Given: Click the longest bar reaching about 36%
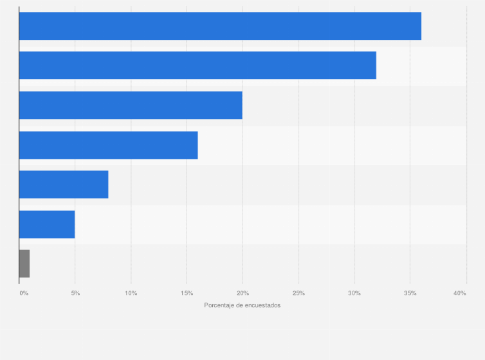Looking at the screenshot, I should (220, 26).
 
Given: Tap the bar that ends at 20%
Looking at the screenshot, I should (131, 105).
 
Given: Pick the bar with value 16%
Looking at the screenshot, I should (108, 145).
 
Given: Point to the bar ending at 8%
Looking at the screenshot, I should (64, 184).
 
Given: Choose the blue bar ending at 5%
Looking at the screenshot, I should (47, 224).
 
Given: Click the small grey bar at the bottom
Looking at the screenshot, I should (24, 264).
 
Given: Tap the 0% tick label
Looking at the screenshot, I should (24, 293).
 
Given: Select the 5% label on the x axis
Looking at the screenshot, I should (75, 293).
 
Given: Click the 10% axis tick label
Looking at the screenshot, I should (131, 293).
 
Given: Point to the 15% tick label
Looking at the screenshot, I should (187, 293).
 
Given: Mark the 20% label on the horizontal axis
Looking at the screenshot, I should (243, 293).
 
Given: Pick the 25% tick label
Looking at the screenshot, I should (298, 293).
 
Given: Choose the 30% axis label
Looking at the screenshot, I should (354, 293).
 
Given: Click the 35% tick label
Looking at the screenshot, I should (410, 293).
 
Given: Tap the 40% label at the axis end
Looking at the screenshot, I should (459, 293).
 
